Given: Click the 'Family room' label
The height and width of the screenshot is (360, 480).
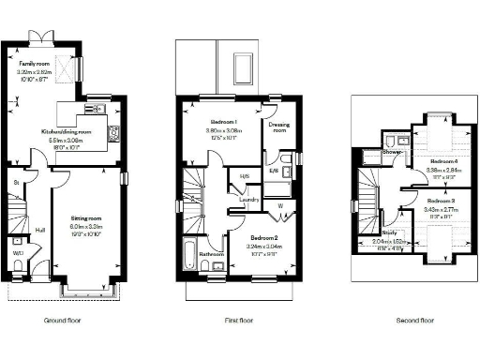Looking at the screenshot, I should tap(32, 63).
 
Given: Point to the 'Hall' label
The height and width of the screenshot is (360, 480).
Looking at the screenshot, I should tap(40, 229).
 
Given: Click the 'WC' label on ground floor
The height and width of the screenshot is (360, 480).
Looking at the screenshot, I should tap(18, 253).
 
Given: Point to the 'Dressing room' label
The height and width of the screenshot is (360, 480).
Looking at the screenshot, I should tap(278, 127).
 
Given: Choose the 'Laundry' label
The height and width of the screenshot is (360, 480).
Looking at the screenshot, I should tap(248, 200).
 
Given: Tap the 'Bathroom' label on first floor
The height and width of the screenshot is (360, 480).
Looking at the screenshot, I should tap(211, 254).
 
